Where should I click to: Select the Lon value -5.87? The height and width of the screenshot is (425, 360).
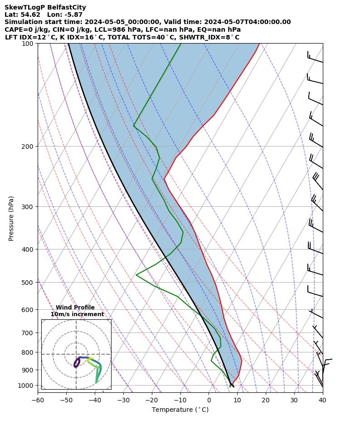[x=73, y=15]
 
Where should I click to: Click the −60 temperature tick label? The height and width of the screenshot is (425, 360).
[x=38, y=400]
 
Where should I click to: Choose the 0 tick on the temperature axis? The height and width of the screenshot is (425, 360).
[x=209, y=400]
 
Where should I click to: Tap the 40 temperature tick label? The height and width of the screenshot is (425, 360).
[x=322, y=400]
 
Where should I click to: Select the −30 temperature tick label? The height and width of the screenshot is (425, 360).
[x=123, y=400]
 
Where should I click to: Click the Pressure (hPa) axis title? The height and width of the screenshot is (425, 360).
[x=11, y=218]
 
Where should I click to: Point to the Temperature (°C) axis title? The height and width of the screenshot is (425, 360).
[x=180, y=410]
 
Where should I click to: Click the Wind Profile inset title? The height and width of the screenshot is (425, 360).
[x=75, y=308]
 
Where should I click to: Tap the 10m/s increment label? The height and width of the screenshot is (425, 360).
[x=77, y=314]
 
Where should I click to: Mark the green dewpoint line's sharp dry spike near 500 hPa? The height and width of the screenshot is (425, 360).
[x=136, y=274]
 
